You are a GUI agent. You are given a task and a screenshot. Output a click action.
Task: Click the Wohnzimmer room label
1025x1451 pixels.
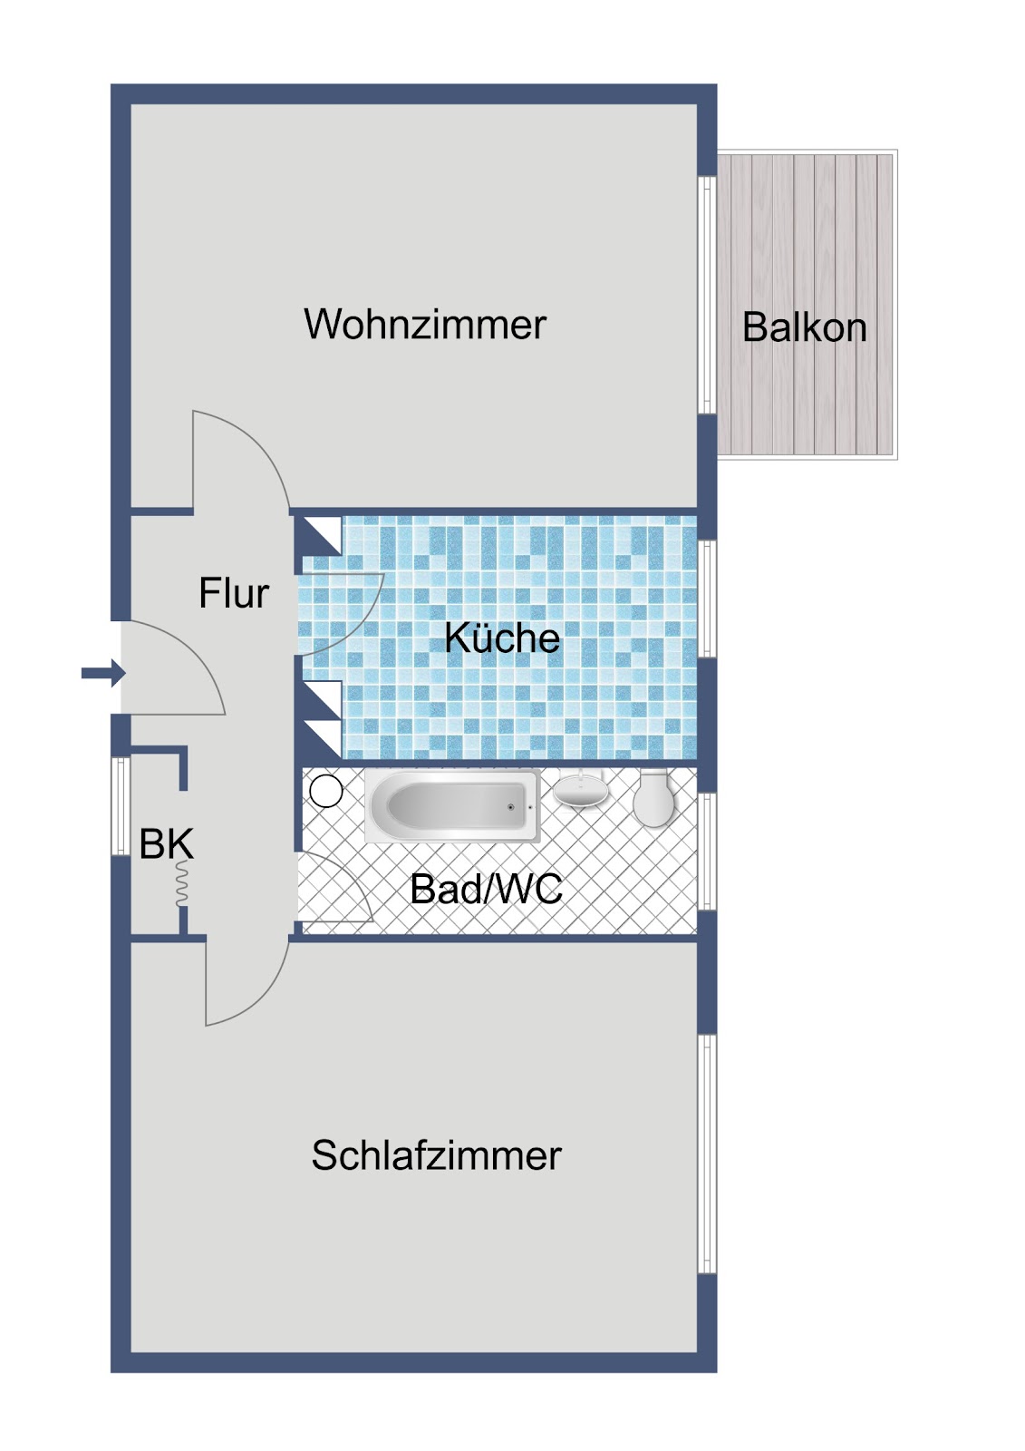click(425, 324)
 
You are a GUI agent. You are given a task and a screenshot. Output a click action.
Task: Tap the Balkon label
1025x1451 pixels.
click(804, 327)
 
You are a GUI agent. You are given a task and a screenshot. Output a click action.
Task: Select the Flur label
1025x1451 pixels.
click(233, 593)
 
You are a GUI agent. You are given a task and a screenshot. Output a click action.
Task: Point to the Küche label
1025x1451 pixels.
click(502, 638)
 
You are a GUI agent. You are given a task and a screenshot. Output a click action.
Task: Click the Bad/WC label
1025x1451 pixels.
click(487, 889)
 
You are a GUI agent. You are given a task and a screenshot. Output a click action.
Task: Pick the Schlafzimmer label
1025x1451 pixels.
click(437, 1155)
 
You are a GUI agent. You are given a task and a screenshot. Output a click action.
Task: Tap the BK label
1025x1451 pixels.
click(167, 844)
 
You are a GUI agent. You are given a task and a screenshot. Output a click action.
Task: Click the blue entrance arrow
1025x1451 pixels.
click(103, 673)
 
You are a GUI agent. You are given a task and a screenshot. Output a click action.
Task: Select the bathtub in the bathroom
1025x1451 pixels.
click(452, 806)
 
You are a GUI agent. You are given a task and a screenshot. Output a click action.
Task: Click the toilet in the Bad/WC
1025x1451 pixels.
click(654, 798)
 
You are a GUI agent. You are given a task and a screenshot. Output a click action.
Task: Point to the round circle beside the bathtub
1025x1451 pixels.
click(325, 791)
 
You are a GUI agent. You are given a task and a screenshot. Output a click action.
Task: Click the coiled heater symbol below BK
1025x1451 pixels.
click(182, 883)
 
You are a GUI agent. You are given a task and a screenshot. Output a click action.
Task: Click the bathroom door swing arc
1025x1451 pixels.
click(335, 887)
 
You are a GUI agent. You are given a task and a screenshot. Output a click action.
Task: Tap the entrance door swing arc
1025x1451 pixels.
click(173, 667)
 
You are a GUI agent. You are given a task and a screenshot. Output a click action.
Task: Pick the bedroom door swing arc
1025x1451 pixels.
click(247, 980)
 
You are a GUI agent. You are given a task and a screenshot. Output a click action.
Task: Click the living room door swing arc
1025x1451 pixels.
click(241, 459)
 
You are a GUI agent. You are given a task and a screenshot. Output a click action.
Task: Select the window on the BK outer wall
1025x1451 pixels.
click(121, 806)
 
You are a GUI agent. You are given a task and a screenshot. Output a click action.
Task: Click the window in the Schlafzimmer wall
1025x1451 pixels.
click(707, 1154)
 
